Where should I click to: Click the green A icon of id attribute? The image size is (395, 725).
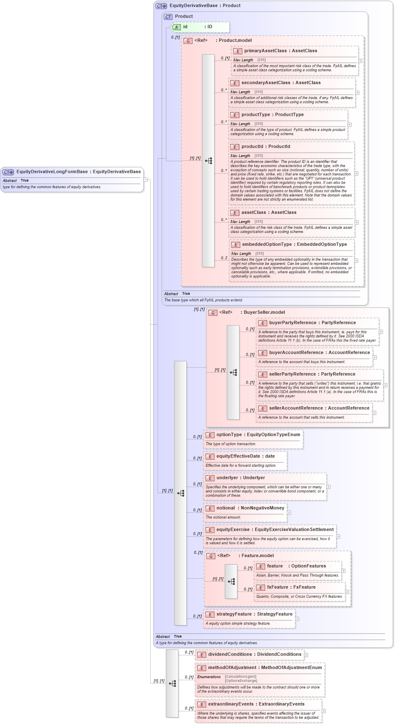pyautogui.click(x=176, y=27)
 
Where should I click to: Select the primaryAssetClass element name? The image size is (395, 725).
pyautogui.click(x=265, y=51)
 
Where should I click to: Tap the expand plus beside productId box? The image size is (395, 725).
pyautogui.click(x=356, y=173)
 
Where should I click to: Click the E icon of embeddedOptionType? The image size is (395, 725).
pyautogui.click(x=235, y=245)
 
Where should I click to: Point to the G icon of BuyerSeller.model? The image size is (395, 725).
pyautogui.click(x=213, y=313)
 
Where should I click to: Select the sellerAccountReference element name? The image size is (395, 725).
pyautogui.click(x=296, y=408)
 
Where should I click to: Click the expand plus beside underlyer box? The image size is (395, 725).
pyautogui.click(x=328, y=487)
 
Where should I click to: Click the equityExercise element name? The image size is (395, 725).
pyautogui.click(x=233, y=529)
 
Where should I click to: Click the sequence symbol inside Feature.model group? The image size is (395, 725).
pyautogui.click(x=231, y=581)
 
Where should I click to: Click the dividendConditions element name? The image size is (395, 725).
pyautogui.click(x=230, y=654)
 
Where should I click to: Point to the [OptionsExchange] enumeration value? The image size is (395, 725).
pyautogui.click(x=241, y=681)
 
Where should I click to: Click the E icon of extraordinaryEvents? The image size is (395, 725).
pyautogui.click(x=201, y=704)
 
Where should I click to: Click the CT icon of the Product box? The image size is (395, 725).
pyautogui.click(x=168, y=17)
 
